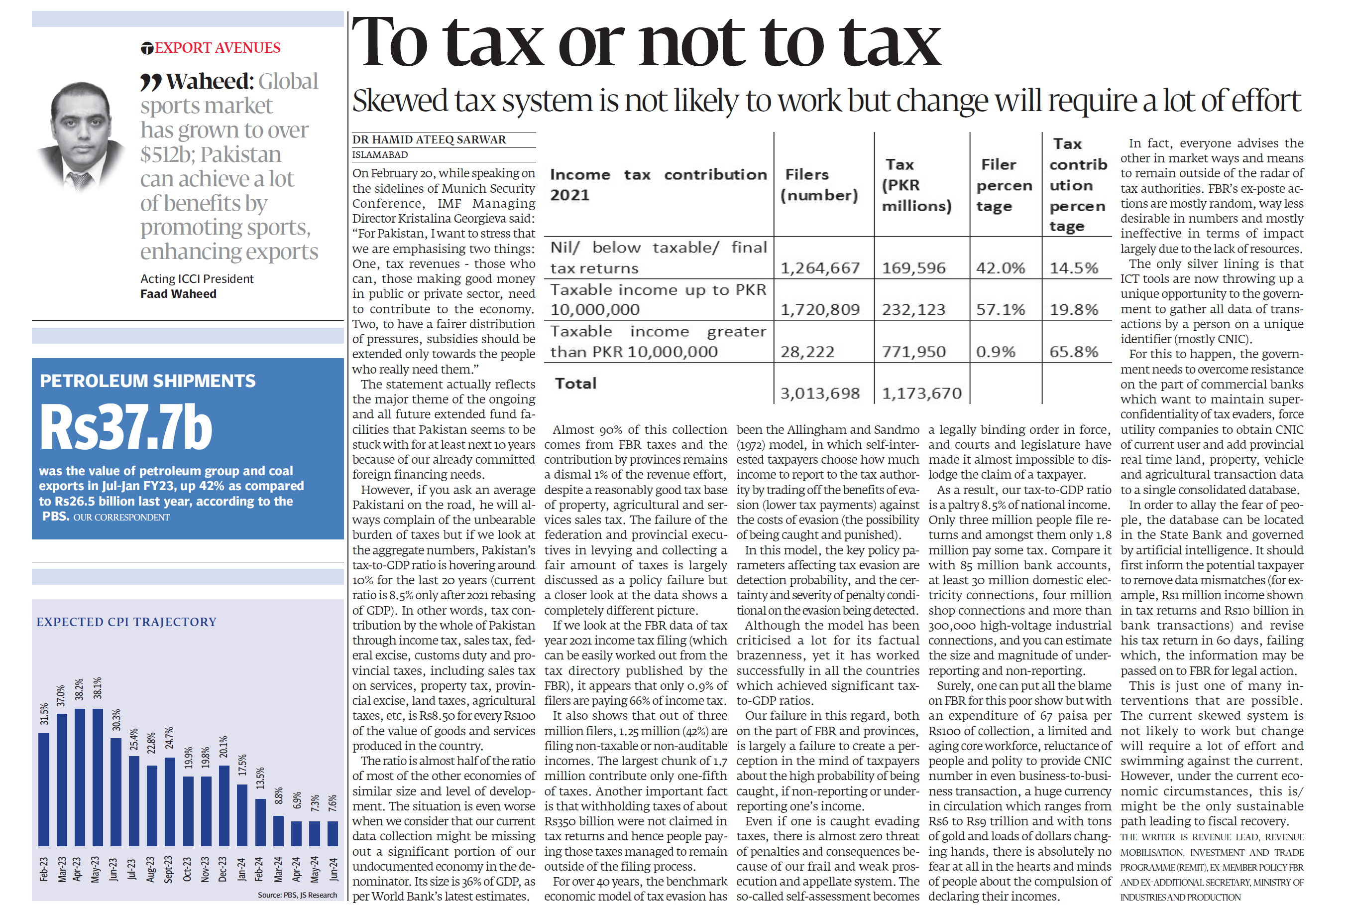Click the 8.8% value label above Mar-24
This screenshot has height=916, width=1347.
point(279,795)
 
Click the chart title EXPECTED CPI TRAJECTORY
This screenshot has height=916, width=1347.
point(126,622)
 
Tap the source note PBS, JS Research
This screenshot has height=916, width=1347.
point(297,895)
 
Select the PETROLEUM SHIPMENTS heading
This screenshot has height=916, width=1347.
point(148,381)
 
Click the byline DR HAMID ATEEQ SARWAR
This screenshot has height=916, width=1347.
point(429,139)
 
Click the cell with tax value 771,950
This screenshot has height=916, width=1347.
point(913,352)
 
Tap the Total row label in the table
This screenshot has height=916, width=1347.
point(575,384)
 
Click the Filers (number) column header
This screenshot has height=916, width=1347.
point(818,184)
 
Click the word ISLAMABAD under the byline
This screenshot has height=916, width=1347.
point(380,155)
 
